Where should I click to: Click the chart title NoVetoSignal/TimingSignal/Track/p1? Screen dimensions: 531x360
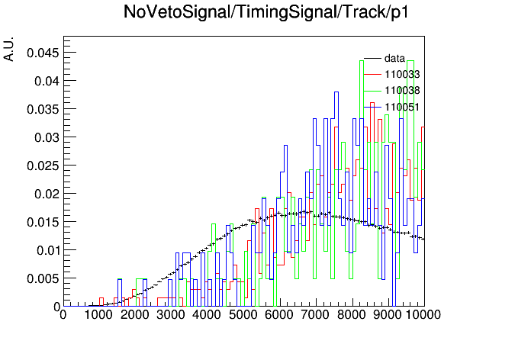[x=266, y=12]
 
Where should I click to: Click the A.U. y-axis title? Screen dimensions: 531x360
[x=8, y=49]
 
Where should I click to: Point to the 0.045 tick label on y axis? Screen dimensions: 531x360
[x=43, y=53]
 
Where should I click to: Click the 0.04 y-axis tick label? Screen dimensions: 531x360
[x=47, y=81]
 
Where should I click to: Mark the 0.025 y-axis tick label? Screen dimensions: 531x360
[x=43, y=166]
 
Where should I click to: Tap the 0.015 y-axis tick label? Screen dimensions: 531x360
[x=43, y=222]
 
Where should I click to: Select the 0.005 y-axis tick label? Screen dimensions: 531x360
[x=43, y=278]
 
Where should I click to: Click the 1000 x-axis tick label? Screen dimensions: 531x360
[x=98, y=314]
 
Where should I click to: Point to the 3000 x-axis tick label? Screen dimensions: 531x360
[x=170, y=314]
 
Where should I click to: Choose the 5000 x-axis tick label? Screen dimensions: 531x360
[x=243, y=314]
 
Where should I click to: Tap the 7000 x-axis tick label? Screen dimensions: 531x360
[x=315, y=314]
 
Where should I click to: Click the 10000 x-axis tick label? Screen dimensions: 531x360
[x=423, y=314]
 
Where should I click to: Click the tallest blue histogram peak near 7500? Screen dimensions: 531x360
[x=336, y=92]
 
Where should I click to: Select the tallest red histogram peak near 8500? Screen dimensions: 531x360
[x=372, y=103]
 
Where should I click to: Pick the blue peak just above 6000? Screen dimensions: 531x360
[x=285, y=146]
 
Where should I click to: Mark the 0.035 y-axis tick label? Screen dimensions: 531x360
[x=43, y=109]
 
